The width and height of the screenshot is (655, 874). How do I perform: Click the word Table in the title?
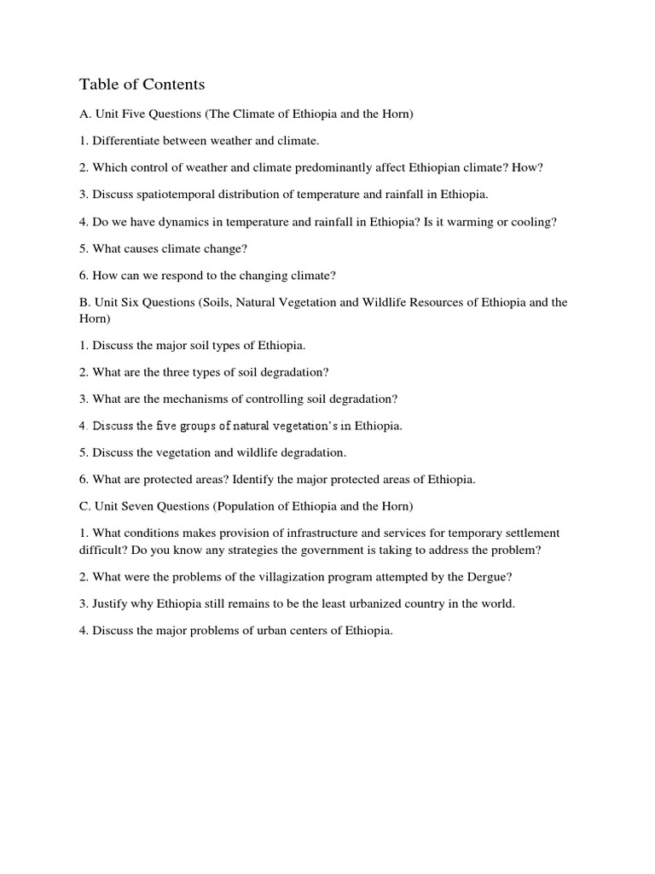pyautogui.click(x=97, y=84)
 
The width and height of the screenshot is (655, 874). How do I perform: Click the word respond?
pyautogui.click(x=192, y=276)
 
